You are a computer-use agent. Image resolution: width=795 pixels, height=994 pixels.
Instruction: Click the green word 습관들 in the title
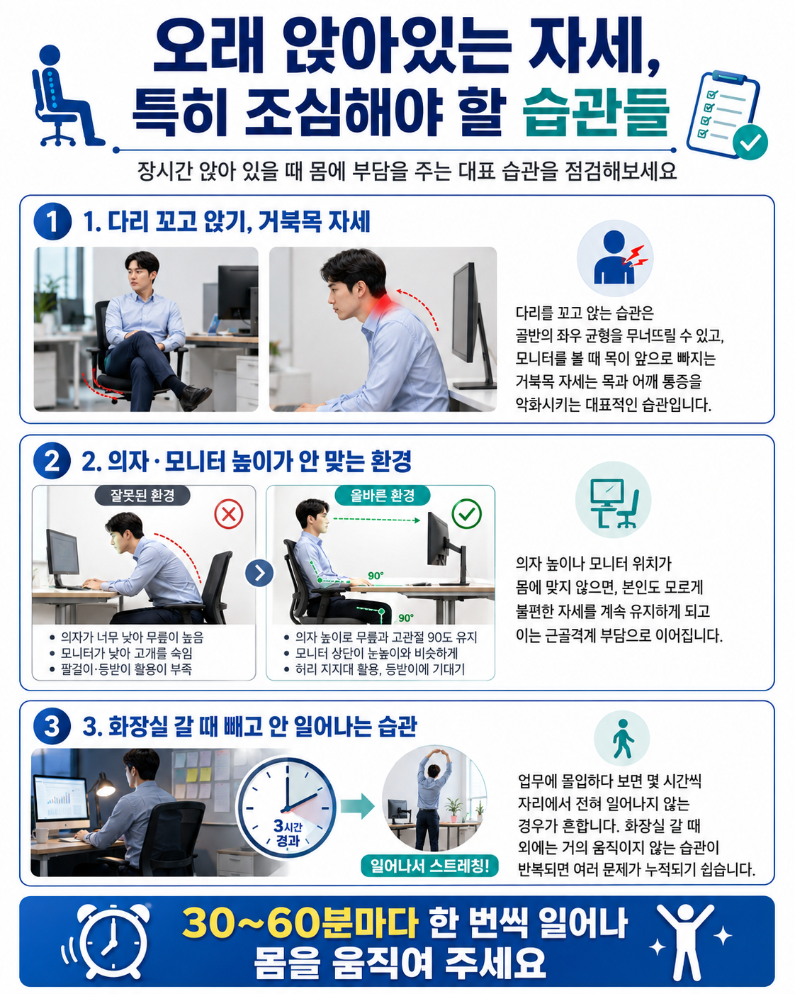coord(596,111)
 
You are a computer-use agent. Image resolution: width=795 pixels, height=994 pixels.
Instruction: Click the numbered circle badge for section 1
coord(52,221)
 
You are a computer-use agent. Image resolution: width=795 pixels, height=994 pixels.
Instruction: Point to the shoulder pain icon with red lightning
coord(614,258)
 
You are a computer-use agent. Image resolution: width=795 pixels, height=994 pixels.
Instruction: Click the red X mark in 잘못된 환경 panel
coord(229,513)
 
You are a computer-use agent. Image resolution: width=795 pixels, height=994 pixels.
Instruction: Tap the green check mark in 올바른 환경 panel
coord(466,513)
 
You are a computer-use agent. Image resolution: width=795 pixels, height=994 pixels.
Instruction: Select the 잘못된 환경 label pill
coord(142,496)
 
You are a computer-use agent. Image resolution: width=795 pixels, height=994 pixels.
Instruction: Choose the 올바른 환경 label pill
coord(382,496)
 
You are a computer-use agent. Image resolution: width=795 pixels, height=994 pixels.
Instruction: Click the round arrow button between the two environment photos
coord(259,573)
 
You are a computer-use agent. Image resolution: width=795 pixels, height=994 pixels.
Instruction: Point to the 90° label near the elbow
coord(376,576)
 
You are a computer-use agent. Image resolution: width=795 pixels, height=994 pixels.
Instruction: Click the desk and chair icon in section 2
coord(613,501)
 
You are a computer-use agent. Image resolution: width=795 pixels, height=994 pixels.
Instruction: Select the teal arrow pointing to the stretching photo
coord(357,806)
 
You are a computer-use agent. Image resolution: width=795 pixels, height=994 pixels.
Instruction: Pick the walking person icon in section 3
coord(622,738)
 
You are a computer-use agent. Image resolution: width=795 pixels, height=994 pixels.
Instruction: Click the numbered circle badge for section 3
coord(52,725)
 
